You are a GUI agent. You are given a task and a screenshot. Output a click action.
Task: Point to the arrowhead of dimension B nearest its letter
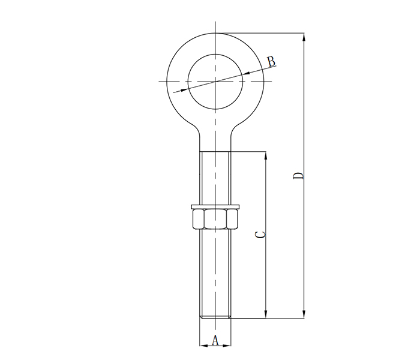[248, 74]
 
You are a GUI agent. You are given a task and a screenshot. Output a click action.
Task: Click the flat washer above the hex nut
[215, 207]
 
